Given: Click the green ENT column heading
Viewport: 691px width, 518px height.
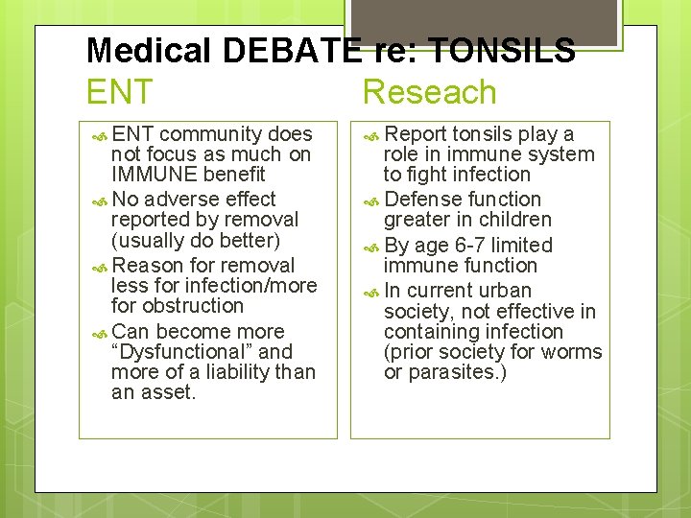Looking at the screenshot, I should click(x=119, y=93).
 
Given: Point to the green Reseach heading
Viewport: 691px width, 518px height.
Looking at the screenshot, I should click(x=430, y=93).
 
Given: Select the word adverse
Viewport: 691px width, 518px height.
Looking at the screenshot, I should click(x=182, y=200).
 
